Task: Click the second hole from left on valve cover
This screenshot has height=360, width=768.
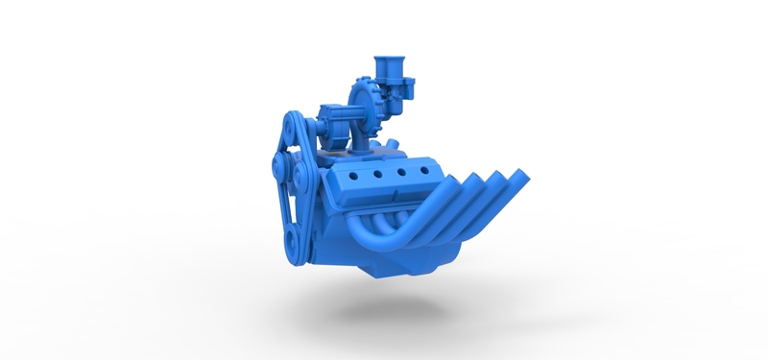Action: (377, 175)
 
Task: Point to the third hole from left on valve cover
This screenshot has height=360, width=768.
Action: (398, 173)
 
